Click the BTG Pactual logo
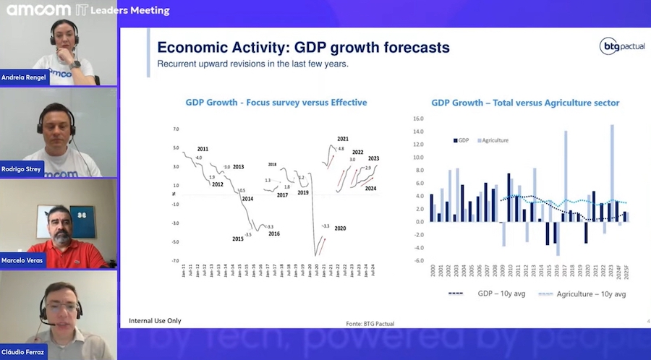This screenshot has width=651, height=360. tap(621, 46)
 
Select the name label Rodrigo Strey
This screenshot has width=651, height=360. tap(22, 168)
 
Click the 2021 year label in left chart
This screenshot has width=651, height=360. tap(343, 139)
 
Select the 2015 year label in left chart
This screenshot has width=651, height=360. tap(238, 239)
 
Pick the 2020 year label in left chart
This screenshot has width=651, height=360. tap(340, 228)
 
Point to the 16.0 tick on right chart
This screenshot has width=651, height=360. tap(417, 118)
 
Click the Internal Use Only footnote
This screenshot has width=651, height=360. tap(155, 320)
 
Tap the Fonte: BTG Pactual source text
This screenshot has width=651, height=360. tap(371, 323)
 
